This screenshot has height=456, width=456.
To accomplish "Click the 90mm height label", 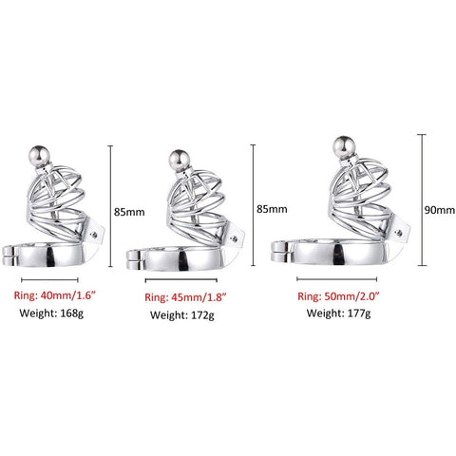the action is [x=440, y=210].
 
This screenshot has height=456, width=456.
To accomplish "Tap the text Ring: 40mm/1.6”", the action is [x=54, y=295].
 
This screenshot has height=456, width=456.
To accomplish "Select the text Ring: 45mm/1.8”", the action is [x=185, y=297].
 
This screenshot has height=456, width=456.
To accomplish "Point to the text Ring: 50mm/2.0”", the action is [x=338, y=296].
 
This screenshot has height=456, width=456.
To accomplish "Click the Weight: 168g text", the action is [x=51, y=313].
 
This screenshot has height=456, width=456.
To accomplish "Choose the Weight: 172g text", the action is [x=182, y=315].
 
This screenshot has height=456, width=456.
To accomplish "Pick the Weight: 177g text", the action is [x=338, y=313].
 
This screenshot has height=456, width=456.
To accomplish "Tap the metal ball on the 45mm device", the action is [x=180, y=161].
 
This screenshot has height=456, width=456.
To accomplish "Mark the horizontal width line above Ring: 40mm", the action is [x=49, y=279].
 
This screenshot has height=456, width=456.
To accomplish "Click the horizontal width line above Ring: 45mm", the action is [x=181, y=280].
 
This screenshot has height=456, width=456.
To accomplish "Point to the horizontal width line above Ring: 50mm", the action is [x=337, y=279].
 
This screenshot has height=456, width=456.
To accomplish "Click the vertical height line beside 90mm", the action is [x=422, y=200].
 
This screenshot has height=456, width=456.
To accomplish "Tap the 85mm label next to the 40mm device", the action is [x=129, y=212].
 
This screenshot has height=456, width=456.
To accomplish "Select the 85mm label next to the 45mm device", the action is [x=272, y=209].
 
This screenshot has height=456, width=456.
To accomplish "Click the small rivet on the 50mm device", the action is [x=399, y=234].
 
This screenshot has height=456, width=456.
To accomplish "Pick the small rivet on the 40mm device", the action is [x=94, y=235].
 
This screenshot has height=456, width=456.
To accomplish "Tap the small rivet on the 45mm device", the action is [x=234, y=238].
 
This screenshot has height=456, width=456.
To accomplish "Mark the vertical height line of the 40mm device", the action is [x=110, y=206].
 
